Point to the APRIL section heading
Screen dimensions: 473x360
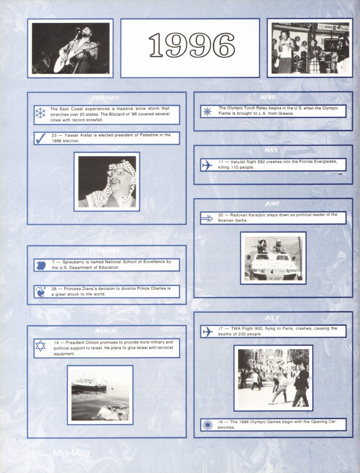tap(273, 97)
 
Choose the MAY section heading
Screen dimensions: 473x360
tap(273, 151)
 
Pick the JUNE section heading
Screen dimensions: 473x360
tap(273, 204)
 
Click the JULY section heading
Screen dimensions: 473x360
tap(273, 318)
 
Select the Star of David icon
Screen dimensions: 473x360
tap(41, 347)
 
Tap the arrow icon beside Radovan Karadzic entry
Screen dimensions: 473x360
tap(207, 218)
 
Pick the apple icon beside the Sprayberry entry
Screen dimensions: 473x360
tap(41, 265)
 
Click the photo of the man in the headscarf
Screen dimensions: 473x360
tap(107, 181)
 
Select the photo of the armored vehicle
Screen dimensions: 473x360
tap(273, 258)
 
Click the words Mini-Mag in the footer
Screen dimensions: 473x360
tap(71, 453)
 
